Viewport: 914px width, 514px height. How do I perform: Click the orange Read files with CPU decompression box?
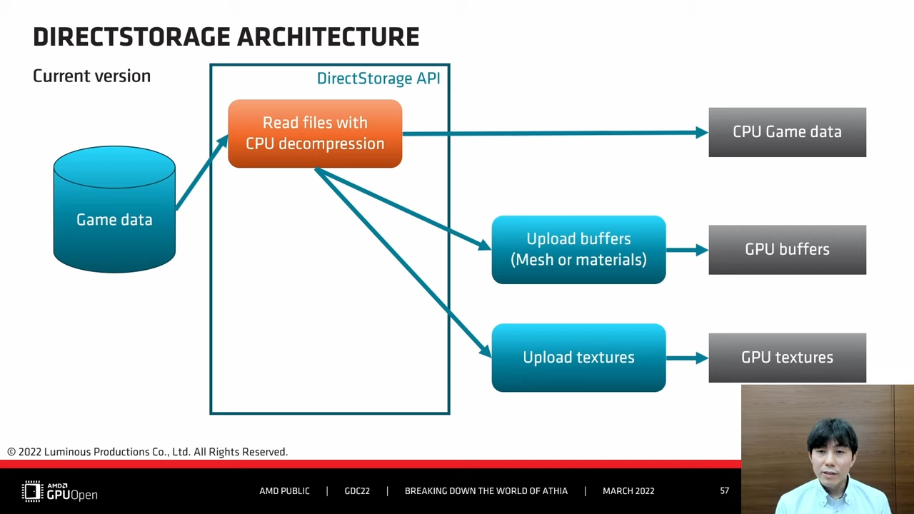(x=315, y=133)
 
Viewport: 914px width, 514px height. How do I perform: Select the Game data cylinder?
(x=114, y=209)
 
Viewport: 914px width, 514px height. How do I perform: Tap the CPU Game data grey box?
(x=787, y=132)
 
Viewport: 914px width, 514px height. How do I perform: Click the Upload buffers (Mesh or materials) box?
(x=578, y=250)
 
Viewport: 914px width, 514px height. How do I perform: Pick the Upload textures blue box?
(x=578, y=358)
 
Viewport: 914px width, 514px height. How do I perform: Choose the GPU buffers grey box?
(x=787, y=250)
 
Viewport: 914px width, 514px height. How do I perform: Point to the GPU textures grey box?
(x=787, y=358)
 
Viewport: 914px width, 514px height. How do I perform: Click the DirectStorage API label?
(x=378, y=79)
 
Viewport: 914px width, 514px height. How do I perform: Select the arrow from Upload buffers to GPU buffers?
(x=687, y=250)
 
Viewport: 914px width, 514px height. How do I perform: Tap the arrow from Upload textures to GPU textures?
(x=687, y=358)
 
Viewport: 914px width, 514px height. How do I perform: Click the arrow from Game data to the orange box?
(x=202, y=172)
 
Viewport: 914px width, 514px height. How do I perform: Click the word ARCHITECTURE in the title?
(x=328, y=36)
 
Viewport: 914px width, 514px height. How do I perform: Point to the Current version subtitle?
(x=92, y=76)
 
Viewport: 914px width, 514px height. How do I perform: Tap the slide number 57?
(x=724, y=490)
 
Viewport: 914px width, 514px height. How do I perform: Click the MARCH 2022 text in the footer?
(x=628, y=490)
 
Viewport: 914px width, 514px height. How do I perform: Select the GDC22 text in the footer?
(x=357, y=490)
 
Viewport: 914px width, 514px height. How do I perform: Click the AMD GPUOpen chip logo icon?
(x=32, y=490)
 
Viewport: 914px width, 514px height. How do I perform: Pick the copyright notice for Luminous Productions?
(x=148, y=452)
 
